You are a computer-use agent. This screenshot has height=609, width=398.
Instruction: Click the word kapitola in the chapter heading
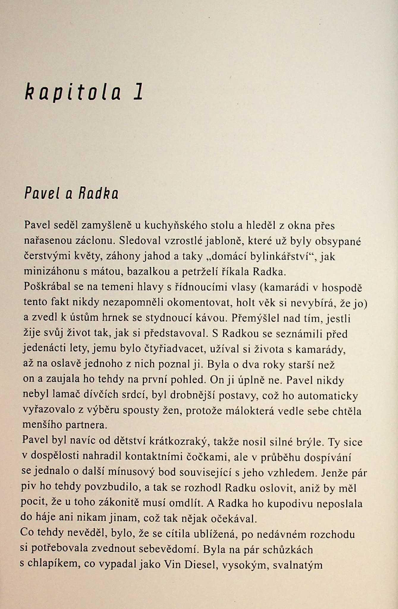(73, 92)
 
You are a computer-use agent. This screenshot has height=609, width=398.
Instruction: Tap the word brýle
(309, 442)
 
